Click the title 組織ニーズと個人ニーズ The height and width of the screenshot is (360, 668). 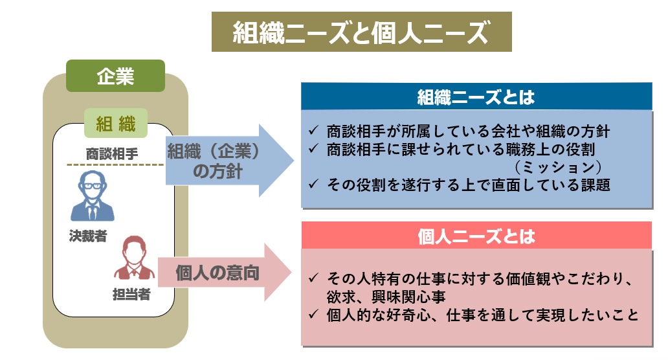tap(361, 32)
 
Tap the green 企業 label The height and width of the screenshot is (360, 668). tap(115, 76)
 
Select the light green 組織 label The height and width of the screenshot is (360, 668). tap(116, 123)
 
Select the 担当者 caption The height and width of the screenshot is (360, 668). tap(131, 295)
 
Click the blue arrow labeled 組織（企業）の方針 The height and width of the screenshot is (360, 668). tap(219, 160)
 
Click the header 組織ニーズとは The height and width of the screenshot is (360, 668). tap(476, 97)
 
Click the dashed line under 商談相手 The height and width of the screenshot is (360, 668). tap(114, 165)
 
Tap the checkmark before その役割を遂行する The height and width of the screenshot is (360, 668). tap(313, 185)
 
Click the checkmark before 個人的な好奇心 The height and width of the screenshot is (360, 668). tap(313, 315)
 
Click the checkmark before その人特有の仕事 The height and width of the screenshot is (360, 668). tap(313, 279)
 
